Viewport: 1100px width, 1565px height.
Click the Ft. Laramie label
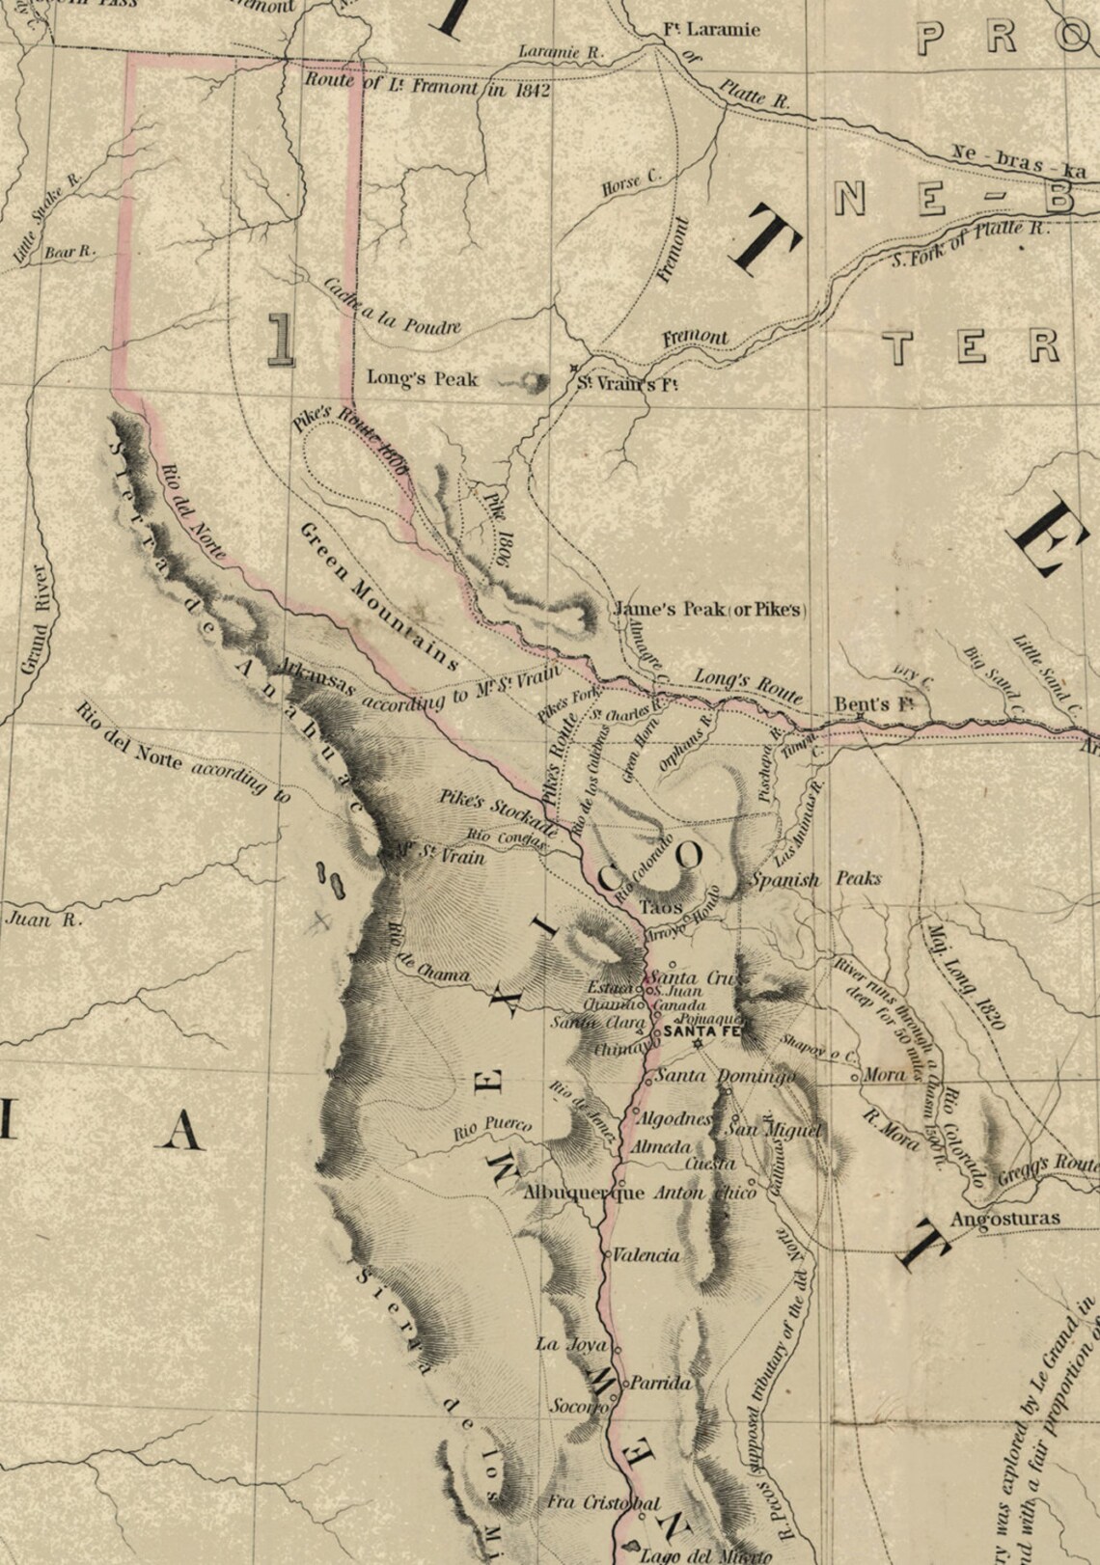712,28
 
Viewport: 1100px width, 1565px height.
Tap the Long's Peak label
422,379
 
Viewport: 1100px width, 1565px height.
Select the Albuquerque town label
583,1193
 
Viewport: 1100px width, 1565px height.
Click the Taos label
661,907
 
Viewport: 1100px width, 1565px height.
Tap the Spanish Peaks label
815,880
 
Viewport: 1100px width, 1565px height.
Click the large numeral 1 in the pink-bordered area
280,339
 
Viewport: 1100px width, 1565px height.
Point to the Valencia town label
646,1255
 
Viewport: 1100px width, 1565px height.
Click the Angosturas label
1004,1219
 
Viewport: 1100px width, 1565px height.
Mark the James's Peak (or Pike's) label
710,610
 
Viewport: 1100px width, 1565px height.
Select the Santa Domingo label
726,1076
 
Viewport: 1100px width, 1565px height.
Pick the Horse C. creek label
630,181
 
